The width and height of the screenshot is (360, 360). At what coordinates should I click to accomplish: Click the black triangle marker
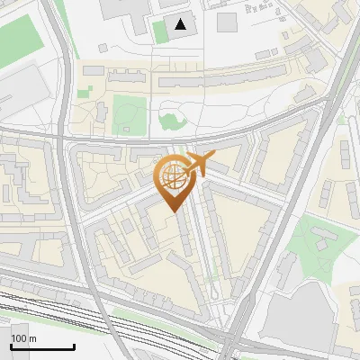(182, 24)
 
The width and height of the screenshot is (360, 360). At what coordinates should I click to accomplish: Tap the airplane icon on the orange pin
(197, 165)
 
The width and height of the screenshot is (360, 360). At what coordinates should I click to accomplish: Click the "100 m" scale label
(23, 338)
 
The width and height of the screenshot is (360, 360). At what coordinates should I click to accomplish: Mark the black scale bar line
(42, 347)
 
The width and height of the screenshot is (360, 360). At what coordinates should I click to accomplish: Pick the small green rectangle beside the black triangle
(160, 32)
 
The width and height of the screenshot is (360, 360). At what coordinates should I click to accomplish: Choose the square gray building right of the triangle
(227, 22)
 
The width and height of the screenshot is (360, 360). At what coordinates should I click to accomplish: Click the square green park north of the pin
(129, 112)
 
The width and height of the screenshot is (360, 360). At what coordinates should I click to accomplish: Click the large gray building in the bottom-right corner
(306, 319)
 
